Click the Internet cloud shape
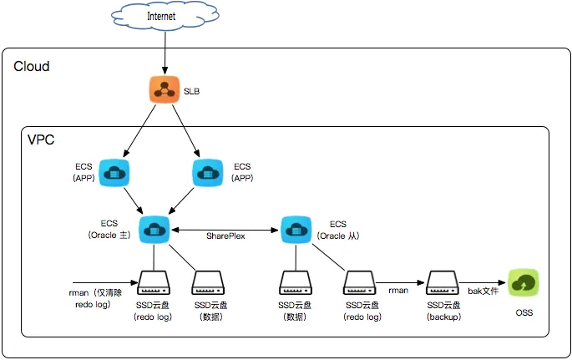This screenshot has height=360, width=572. pyautogui.click(x=162, y=17)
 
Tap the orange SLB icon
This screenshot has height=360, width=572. pyautogui.click(x=165, y=91)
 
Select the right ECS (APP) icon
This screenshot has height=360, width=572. pyautogui.click(x=207, y=173)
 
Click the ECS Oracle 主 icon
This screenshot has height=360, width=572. pyautogui.click(x=154, y=228)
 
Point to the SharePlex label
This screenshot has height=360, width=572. pyautogui.click(x=225, y=237)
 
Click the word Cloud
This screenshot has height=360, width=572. pyautogui.click(x=32, y=66)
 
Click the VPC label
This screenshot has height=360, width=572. pyautogui.click(x=42, y=139)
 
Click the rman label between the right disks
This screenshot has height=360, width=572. pyautogui.click(x=397, y=290)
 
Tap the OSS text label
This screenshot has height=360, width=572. pyautogui.click(x=524, y=312)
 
